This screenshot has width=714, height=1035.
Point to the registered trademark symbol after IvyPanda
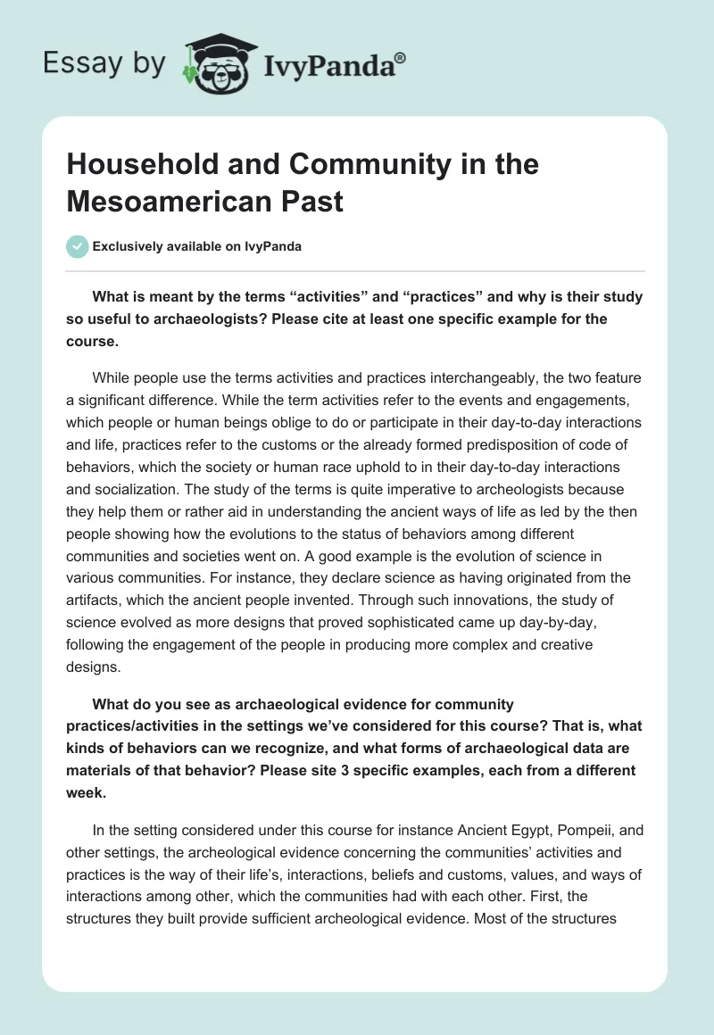401,58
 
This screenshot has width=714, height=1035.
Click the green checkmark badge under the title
78,246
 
